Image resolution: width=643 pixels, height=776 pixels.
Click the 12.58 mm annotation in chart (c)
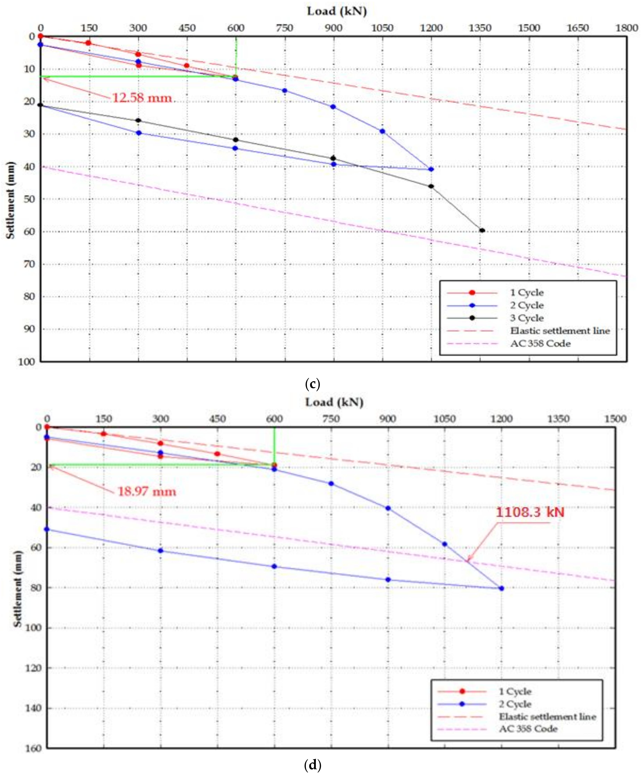(x=142, y=98)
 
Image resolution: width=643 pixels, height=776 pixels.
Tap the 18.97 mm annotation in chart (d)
(x=147, y=491)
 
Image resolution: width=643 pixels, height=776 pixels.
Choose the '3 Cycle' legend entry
(x=527, y=318)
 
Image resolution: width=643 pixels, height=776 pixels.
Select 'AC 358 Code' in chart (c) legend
(x=540, y=344)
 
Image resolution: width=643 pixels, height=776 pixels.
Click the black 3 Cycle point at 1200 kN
(x=431, y=186)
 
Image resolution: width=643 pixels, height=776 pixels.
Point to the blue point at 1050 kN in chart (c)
(x=382, y=131)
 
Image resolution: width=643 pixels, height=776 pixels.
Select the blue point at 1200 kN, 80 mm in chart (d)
(x=501, y=588)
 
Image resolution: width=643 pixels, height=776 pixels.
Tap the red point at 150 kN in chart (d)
(x=104, y=433)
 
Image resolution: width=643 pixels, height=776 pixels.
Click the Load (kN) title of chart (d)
(x=334, y=402)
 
